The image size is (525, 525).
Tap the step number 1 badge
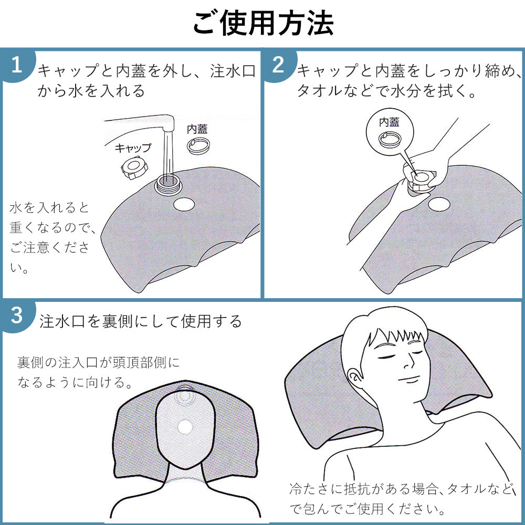click(17, 65)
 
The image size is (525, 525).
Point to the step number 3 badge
click(17, 316)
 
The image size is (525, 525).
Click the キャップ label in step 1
click(133, 148)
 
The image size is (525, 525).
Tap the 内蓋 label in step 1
click(197, 129)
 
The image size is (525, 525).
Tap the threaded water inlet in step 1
click(168, 184)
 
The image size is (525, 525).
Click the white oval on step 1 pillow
click(184, 204)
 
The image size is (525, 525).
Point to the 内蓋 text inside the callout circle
click(389, 122)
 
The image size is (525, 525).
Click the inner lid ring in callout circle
click(390, 139)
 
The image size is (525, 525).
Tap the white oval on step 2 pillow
click(439, 204)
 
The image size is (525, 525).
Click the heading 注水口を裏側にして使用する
click(141, 321)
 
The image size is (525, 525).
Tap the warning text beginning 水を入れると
click(51, 237)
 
